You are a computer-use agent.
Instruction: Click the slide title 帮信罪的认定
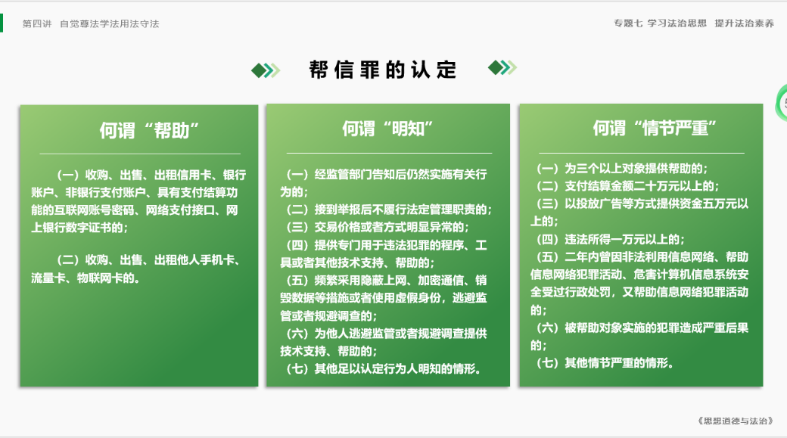pos(382,70)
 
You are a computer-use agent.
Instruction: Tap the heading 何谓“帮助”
pos(149,130)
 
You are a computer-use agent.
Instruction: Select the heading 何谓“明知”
pos(387,129)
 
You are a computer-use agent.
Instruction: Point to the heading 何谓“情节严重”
pos(655,129)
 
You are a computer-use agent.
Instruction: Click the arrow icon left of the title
pos(266,70)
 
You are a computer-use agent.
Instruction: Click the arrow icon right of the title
pos(502,67)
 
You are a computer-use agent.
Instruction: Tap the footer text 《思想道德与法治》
pos(736,421)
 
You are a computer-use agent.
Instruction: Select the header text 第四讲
pos(37,23)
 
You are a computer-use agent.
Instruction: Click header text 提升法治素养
pos(745,23)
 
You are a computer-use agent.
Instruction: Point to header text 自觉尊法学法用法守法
pos(110,23)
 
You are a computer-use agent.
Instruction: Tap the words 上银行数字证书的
pos(79,228)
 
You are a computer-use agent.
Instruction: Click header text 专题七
pos(628,23)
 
